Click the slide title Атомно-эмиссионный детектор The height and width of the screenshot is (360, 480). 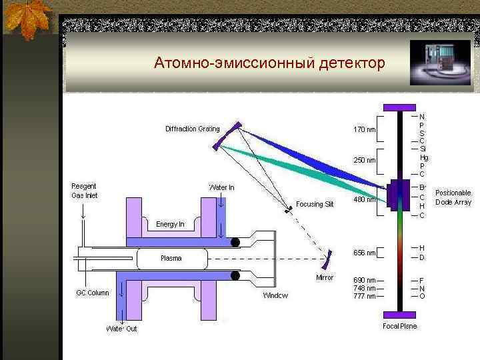click(x=269, y=63)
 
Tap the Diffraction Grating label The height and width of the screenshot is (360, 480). click(x=193, y=129)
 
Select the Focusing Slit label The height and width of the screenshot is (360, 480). click(x=315, y=204)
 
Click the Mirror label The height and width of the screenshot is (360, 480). click(x=325, y=277)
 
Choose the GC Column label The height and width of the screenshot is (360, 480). click(x=92, y=293)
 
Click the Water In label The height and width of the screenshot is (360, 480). click(x=222, y=187)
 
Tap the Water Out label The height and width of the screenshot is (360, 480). click(x=121, y=329)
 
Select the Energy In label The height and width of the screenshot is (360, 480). click(x=170, y=224)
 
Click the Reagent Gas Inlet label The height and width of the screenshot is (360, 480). click(x=85, y=191)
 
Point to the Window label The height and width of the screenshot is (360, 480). click(x=275, y=295)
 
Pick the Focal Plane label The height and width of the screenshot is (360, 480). click(x=400, y=326)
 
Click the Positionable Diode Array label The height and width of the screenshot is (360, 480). click(x=453, y=197)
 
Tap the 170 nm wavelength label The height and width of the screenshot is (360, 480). click(x=364, y=129)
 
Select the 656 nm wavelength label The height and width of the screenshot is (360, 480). click(x=364, y=253)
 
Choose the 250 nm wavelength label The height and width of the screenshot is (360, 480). click(x=364, y=160)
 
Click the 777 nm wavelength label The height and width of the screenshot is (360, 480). click(x=364, y=296)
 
